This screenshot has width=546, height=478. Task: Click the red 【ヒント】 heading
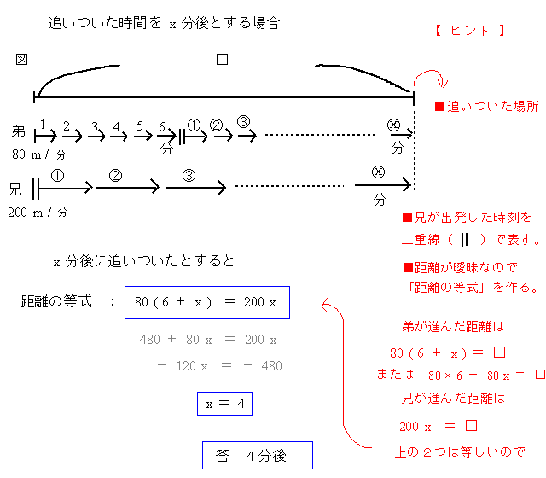click(470, 31)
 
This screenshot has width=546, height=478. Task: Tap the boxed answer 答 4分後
click(257, 456)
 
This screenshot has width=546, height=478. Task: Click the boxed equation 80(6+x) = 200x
click(206, 302)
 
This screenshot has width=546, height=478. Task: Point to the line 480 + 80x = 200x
click(208, 340)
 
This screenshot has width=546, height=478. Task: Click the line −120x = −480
click(219, 366)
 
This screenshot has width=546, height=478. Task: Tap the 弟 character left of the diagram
click(19, 131)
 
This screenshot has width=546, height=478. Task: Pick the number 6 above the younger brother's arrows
click(161, 126)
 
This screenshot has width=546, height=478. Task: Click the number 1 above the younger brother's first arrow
click(42, 125)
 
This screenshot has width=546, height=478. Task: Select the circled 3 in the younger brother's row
click(243, 121)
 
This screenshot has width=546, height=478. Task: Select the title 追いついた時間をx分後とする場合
click(164, 24)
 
